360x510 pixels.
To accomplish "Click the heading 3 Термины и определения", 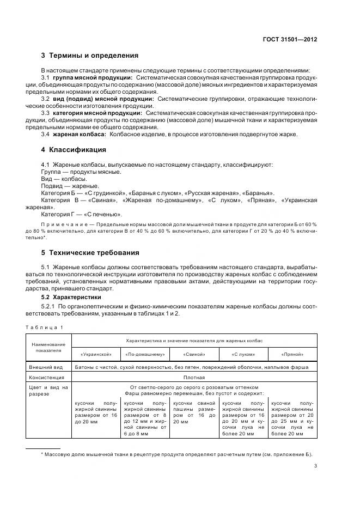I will [89, 56].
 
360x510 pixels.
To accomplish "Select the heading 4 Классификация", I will [74, 149].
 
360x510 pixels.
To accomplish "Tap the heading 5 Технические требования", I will [90, 253].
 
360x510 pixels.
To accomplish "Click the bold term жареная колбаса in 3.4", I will [78, 134].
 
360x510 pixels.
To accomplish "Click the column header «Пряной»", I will [293, 354].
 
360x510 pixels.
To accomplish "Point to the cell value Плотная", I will [194, 377].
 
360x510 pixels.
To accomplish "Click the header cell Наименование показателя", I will [48, 347].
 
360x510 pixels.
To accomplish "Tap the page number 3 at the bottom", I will [316, 465].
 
